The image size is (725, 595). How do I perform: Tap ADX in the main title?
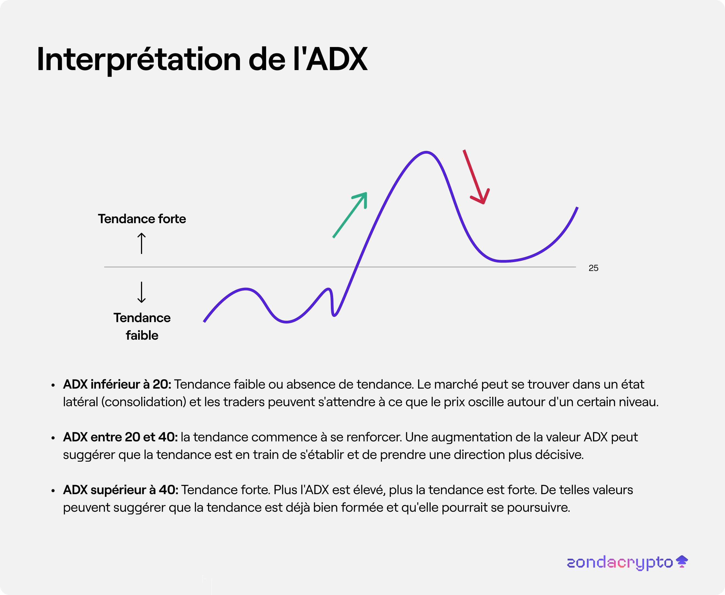tap(337, 59)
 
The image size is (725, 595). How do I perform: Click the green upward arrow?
tap(350, 215)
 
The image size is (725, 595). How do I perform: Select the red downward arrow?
tap(477, 177)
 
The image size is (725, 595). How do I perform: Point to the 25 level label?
tap(593, 268)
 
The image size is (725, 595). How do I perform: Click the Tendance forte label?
tap(142, 219)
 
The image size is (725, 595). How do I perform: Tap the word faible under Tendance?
tap(142, 335)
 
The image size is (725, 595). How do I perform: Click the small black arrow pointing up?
tap(142, 243)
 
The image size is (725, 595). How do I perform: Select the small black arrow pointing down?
tap(142, 292)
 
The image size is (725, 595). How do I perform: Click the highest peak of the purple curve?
tap(426, 152)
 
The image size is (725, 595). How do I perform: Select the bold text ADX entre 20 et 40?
tap(120, 437)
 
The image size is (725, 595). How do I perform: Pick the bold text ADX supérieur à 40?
tap(121, 490)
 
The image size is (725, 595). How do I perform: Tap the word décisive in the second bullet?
tap(559, 455)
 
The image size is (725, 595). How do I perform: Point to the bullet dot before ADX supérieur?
tap(53, 491)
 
